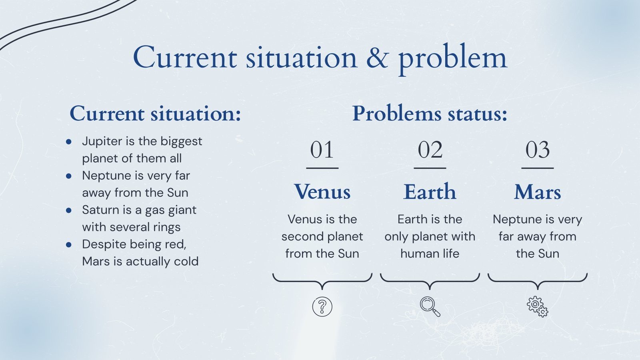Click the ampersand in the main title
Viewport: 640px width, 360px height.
coord(377,58)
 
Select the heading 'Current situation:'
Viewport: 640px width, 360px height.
coord(155,114)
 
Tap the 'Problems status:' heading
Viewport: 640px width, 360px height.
coord(430,114)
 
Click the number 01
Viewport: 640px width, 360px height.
coord(322,150)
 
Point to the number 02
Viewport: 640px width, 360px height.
coord(430,150)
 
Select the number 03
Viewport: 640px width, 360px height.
coord(538,150)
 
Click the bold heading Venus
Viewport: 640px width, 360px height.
coord(322,192)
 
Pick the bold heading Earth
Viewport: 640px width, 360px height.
coord(430,192)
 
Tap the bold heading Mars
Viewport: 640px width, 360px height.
coord(538,192)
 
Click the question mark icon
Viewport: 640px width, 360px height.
coord(322,307)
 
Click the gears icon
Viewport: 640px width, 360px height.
coord(537,306)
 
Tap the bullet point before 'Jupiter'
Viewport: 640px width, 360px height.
coord(69,142)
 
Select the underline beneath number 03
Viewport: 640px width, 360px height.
coord(538,168)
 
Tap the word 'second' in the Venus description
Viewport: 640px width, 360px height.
coord(300,236)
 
